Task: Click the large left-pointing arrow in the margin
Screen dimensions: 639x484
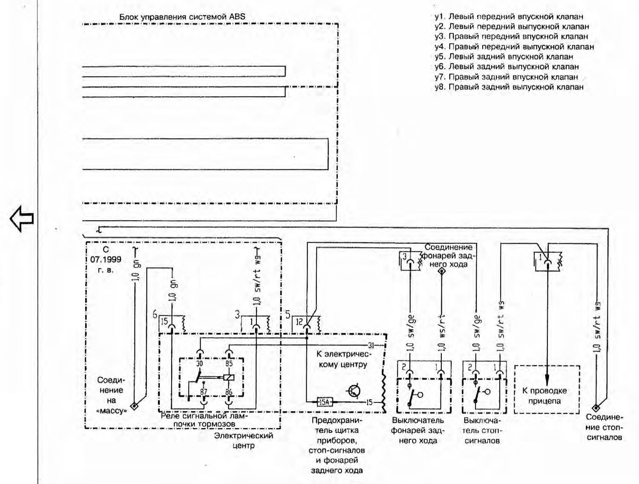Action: coord(22,219)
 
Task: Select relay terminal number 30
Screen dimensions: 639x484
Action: coord(200,363)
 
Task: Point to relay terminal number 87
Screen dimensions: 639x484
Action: coord(204,392)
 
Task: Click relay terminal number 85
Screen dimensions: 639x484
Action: coord(229,363)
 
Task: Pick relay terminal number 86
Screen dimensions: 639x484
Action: coord(229,392)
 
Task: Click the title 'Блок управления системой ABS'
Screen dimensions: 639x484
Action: coord(182,17)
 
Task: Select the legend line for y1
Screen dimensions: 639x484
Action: coord(509,17)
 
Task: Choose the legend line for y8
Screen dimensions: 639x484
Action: coord(509,87)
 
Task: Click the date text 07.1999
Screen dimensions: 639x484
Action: coord(106,259)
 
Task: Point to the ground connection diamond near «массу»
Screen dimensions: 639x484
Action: coord(134,405)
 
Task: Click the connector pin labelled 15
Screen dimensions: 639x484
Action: coord(164,322)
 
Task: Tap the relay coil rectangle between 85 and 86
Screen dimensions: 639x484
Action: coord(229,378)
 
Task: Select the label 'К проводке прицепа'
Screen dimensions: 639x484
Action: coord(545,396)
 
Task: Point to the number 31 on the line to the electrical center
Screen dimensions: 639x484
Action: coord(371,346)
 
